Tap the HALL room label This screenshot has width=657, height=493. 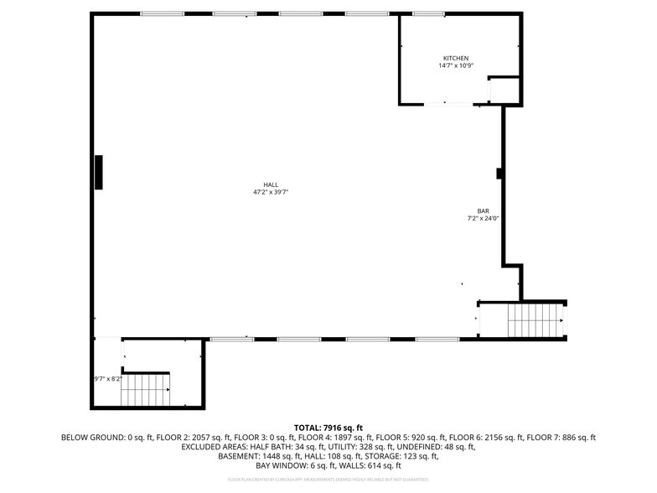coord(271,184)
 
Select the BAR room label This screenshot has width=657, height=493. coord(484,211)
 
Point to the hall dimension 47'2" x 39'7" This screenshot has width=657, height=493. coord(271,192)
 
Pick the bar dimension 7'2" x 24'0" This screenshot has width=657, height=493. coord(484,219)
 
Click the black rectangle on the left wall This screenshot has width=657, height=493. coord(98,172)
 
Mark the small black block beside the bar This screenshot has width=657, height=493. coord(499,174)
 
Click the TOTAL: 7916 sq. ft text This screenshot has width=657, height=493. coord(328,428)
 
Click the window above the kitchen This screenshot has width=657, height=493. coord(428,14)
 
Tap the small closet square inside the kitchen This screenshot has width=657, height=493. coord(504,90)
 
